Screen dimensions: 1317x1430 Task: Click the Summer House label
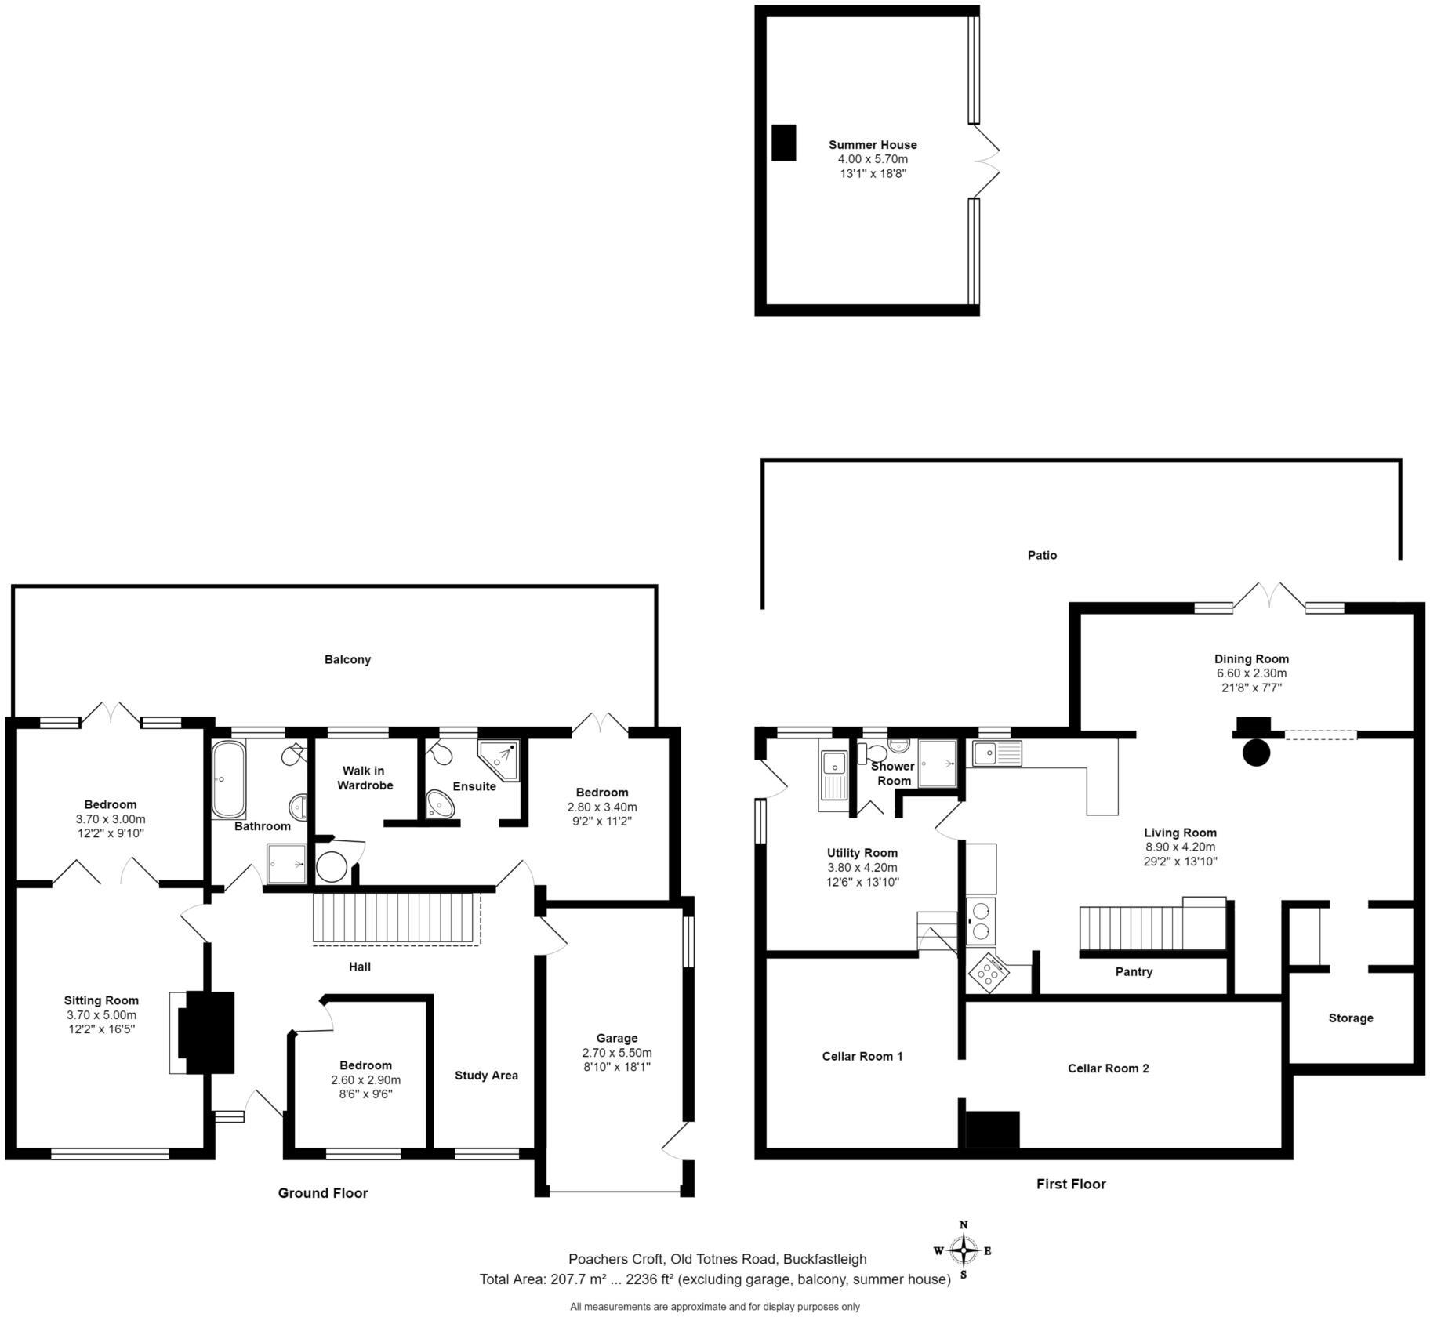click(873, 145)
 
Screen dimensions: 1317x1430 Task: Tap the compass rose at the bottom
click(963, 1250)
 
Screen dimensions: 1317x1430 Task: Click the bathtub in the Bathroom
click(228, 779)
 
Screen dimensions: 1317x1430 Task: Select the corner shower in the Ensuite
click(499, 759)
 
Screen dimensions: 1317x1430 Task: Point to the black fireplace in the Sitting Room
click(205, 1032)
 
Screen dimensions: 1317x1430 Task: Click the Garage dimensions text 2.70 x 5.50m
click(616, 1053)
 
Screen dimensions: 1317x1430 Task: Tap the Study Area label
click(486, 1076)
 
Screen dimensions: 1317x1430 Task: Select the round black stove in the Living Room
click(1256, 753)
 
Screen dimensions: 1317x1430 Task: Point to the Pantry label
click(1134, 972)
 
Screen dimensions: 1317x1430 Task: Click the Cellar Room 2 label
click(1108, 1068)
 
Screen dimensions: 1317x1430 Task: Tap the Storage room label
click(1350, 1018)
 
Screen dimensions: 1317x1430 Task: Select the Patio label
click(1042, 555)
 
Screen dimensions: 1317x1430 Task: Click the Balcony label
click(347, 659)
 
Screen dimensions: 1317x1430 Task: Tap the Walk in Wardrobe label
click(365, 778)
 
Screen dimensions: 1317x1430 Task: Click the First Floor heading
click(1070, 1184)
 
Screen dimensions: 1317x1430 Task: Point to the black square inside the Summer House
click(783, 143)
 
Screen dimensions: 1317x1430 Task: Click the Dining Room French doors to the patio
click(1270, 597)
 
